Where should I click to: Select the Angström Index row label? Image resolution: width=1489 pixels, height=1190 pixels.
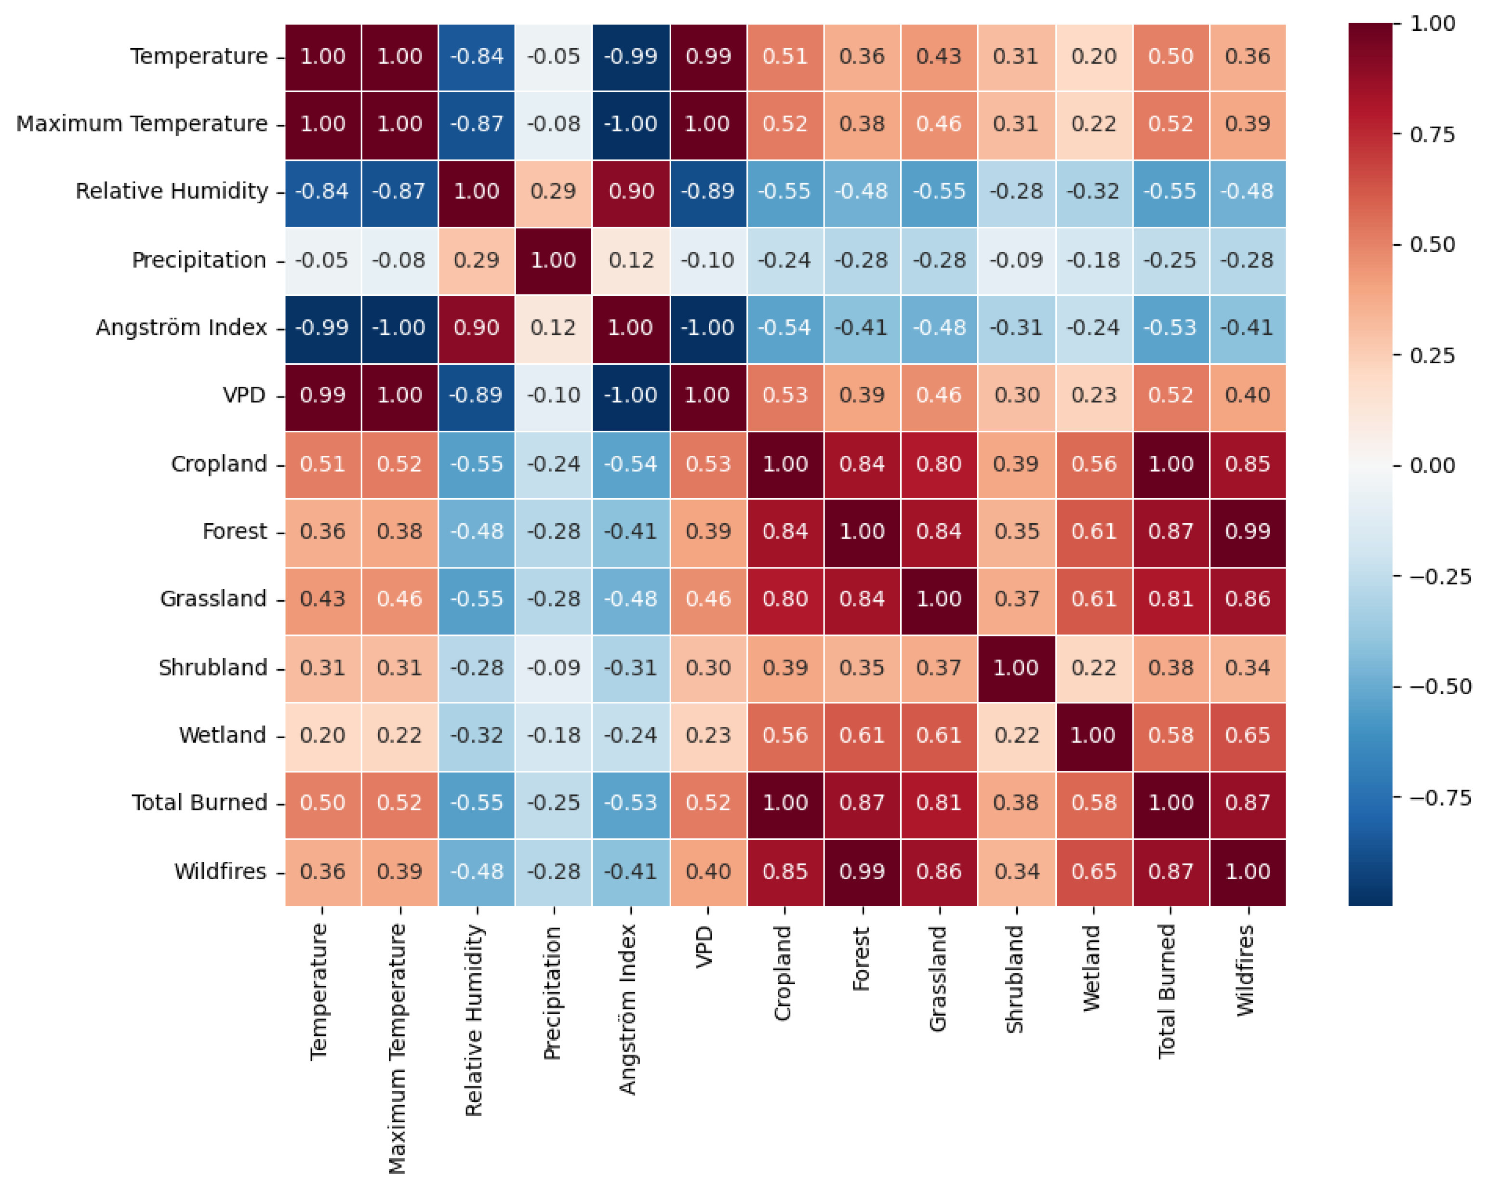tap(181, 328)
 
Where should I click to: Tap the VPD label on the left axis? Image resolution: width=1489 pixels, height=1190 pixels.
tap(244, 395)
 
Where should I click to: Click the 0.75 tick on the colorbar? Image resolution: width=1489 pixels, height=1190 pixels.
tap(1432, 135)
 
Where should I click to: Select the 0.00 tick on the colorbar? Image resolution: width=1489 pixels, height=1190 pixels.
tap(1432, 465)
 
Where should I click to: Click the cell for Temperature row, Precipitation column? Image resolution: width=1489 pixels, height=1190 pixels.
tap(553, 57)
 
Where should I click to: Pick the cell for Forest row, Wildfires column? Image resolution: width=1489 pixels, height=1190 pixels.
tap(1247, 532)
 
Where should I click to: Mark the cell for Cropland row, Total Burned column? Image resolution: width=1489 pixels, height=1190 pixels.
tap(1170, 464)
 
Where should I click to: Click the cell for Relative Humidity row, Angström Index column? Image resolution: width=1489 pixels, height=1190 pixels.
tap(631, 191)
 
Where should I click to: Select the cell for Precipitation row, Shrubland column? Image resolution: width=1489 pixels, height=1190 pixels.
tap(1016, 260)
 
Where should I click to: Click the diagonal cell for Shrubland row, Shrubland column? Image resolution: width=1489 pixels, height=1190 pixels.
tap(1016, 668)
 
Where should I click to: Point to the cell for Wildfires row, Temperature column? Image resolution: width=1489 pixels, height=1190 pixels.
tap(322, 872)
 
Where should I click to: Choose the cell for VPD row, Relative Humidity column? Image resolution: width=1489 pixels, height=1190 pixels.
tap(477, 395)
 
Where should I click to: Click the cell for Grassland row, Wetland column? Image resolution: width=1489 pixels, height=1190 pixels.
tap(1093, 599)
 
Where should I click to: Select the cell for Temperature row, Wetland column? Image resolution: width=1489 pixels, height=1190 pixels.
tap(1093, 57)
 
